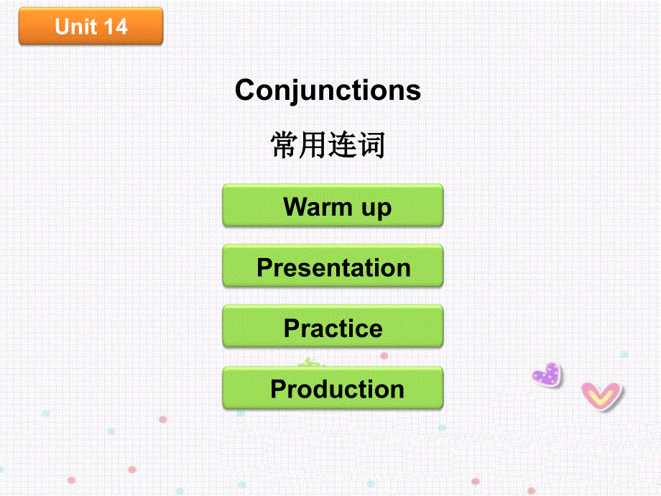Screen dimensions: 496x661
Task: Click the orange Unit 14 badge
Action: point(91,27)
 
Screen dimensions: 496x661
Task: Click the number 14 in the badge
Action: point(115,27)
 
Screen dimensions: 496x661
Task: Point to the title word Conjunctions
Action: point(328,91)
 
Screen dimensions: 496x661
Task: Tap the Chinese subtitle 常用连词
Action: point(328,145)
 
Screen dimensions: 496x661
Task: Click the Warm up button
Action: point(333,206)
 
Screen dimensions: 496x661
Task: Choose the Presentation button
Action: point(333,267)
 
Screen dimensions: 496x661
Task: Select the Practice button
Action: point(333,328)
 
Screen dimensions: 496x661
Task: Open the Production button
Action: point(333,389)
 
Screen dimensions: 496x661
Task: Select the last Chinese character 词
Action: point(371,145)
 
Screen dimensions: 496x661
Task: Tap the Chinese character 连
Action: point(343,145)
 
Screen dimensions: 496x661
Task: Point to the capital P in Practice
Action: point(292,328)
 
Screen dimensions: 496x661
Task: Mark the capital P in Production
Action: point(279,389)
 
